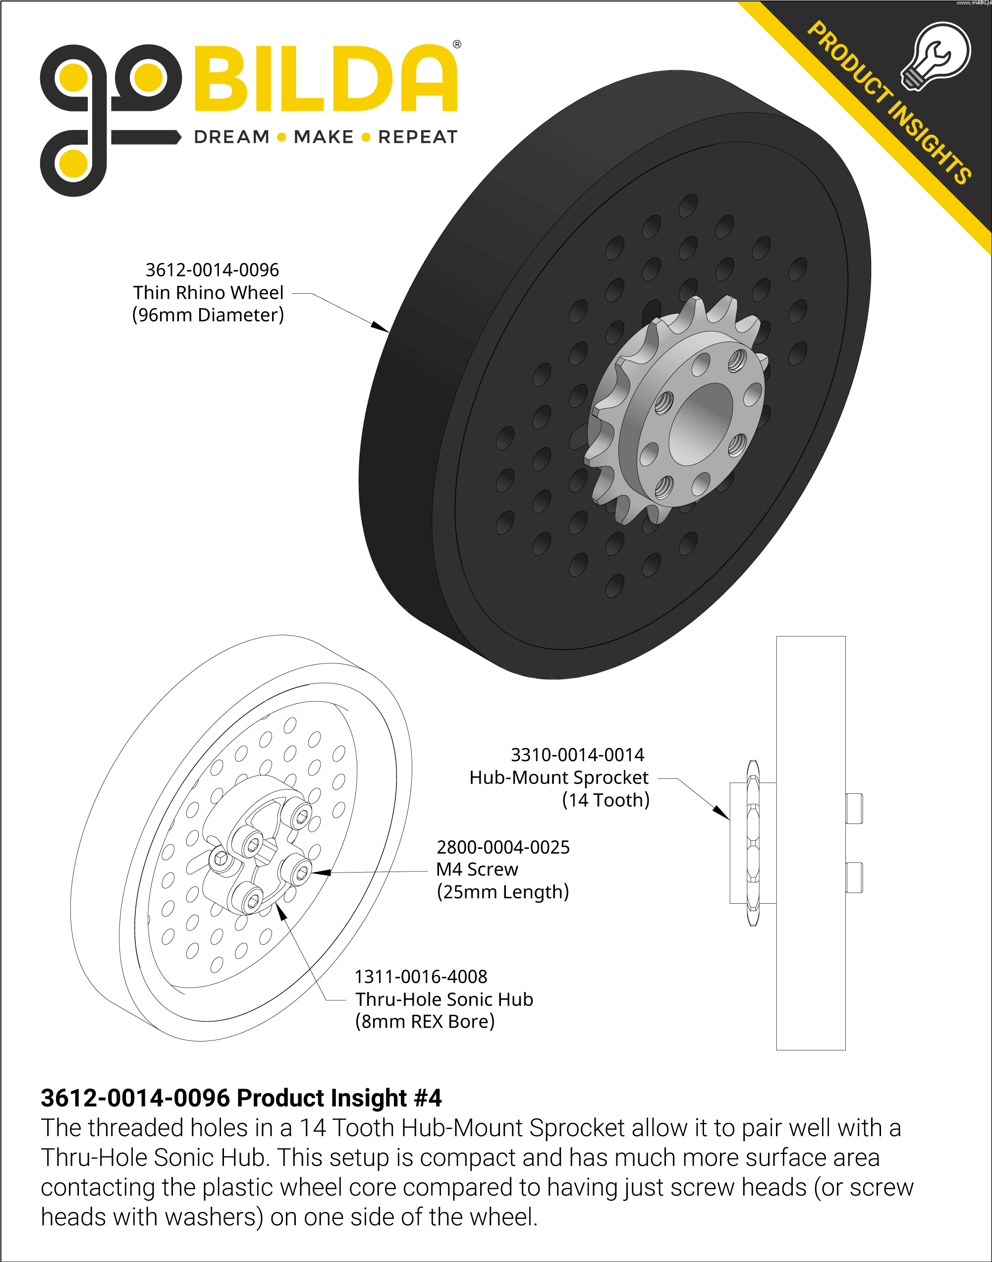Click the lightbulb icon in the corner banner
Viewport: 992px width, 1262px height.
click(x=936, y=56)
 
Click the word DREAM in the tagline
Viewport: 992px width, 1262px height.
click(x=232, y=137)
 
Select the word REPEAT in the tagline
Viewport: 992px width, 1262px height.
click(x=418, y=137)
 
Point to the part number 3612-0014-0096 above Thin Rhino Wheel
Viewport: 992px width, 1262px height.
click(x=212, y=270)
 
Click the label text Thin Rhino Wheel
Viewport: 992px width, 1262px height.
click(x=208, y=293)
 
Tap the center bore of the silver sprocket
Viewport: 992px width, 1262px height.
click(x=701, y=425)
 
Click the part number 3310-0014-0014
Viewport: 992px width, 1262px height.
click(x=577, y=755)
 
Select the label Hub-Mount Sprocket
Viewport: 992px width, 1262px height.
click(x=559, y=777)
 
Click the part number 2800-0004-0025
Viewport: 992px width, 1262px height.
click(x=503, y=847)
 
